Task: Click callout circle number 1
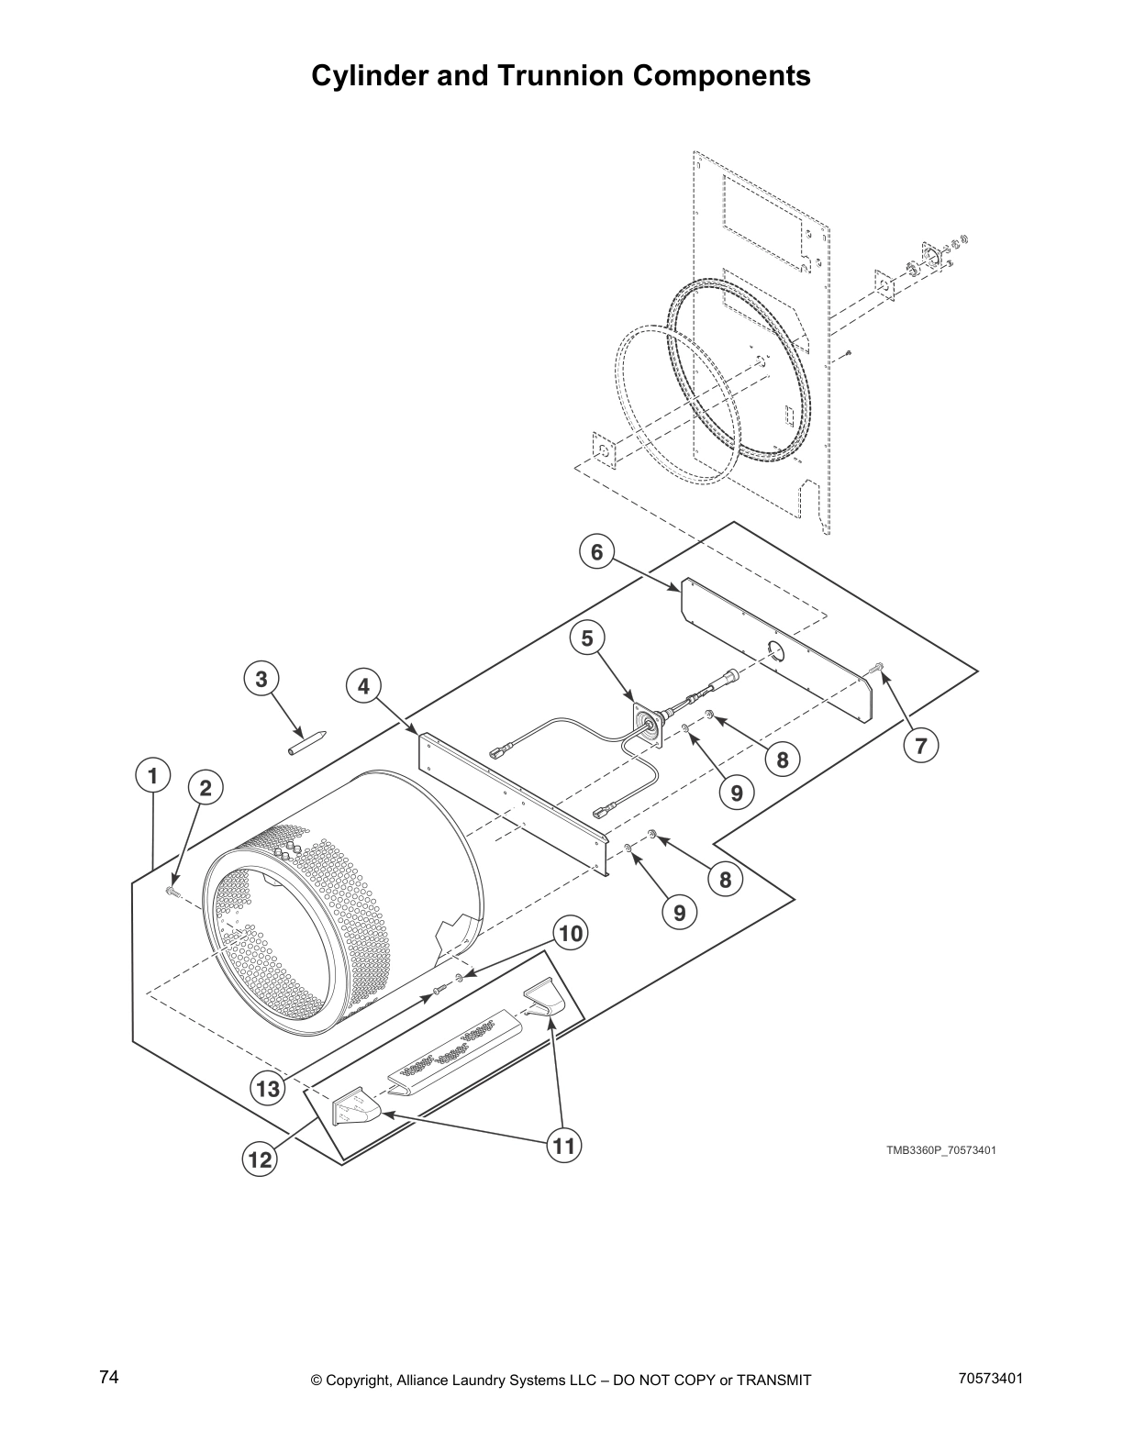tap(153, 775)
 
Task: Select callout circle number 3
tap(261, 679)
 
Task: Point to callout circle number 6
tap(597, 551)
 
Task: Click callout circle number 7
tap(921, 746)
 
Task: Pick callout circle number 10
tap(570, 934)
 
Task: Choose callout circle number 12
tap(260, 1159)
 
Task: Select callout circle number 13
tap(267, 1089)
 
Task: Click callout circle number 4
tap(364, 685)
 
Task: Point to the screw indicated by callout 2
tap(172, 890)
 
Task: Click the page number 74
tap(109, 1377)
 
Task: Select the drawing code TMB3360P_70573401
tap(940, 1150)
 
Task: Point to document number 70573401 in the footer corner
tap(990, 1378)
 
